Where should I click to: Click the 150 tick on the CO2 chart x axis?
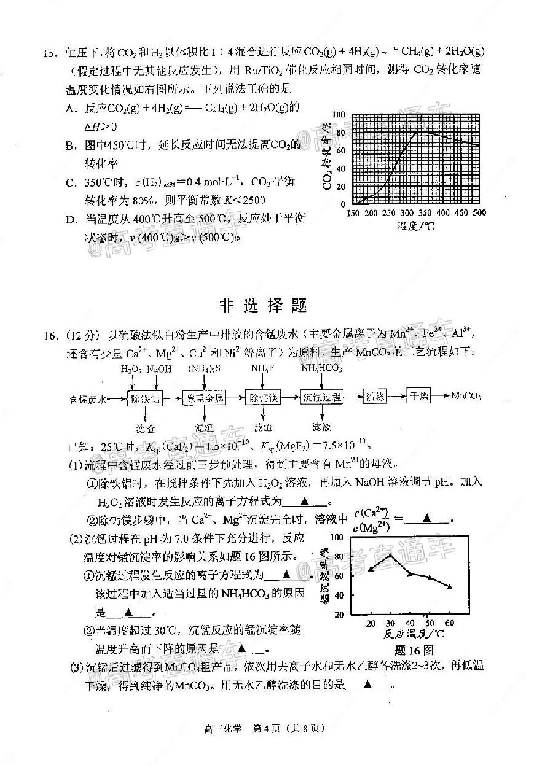(353, 213)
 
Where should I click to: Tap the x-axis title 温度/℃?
(415, 226)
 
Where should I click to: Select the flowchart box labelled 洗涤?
(375, 397)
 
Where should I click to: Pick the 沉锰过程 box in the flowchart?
(322, 397)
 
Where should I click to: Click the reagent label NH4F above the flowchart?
(262, 368)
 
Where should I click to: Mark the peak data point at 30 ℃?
(391, 556)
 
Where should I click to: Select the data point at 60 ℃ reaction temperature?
(449, 587)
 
